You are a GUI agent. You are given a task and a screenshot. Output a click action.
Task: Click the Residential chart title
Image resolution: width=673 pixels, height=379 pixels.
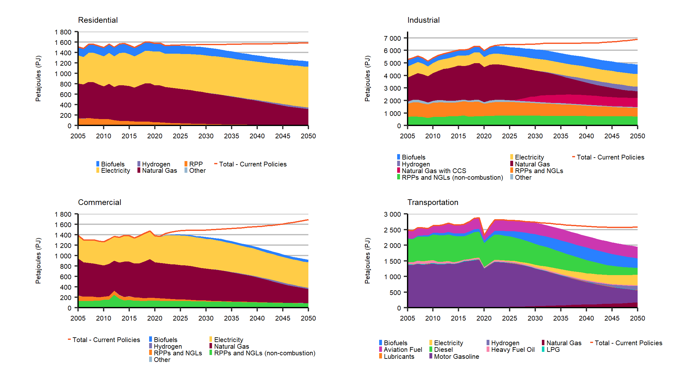click(x=98, y=20)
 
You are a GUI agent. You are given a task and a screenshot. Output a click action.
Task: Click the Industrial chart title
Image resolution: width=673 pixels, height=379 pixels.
click(x=423, y=20)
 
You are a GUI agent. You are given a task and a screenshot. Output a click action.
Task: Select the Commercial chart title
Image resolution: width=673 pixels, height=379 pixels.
click(x=100, y=202)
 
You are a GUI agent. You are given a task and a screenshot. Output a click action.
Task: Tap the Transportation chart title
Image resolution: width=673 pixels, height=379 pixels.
click(x=433, y=202)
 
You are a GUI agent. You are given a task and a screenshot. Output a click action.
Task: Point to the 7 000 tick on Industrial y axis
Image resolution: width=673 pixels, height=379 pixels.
click(x=392, y=39)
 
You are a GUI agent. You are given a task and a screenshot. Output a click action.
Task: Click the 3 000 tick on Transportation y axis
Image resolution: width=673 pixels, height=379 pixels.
click(x=392, y=214)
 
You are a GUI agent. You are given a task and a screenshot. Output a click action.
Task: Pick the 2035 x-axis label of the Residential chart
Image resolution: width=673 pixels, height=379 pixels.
click(x=232, y=136)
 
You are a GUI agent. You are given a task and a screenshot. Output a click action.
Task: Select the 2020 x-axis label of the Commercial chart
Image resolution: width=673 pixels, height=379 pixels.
click(x=155, y=318)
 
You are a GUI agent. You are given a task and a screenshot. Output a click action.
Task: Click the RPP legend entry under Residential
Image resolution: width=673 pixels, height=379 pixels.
click(x=196, y=164)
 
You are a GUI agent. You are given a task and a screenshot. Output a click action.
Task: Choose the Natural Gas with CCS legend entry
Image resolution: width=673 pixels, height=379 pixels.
click(x=434, y=171)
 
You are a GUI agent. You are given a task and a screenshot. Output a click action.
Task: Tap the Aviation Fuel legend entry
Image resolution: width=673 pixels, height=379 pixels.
click(x=403, y=350)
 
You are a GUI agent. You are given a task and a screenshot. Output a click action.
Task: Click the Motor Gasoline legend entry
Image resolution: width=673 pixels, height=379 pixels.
click(x=456, y=357)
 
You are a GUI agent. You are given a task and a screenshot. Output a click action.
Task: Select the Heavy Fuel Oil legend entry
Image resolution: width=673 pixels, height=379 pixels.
click(x=512, y=350)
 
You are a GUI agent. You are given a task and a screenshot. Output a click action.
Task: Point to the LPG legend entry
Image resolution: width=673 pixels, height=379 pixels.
click(x=553, y=350)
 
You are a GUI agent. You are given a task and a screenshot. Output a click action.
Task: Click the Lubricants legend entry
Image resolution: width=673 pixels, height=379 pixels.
click(x=399, y=357)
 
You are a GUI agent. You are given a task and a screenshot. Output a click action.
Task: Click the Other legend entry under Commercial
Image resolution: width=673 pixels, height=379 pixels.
click(x=162, y=360)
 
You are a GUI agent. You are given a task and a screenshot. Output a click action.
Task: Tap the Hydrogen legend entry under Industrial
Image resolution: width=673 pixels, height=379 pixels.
click(x=415, y=164)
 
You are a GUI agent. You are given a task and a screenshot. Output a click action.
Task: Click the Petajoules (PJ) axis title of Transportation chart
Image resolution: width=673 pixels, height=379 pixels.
click(x=367, y=261)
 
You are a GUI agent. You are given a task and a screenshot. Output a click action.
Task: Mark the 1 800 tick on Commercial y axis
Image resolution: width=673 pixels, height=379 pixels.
click(x=63, y=214)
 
